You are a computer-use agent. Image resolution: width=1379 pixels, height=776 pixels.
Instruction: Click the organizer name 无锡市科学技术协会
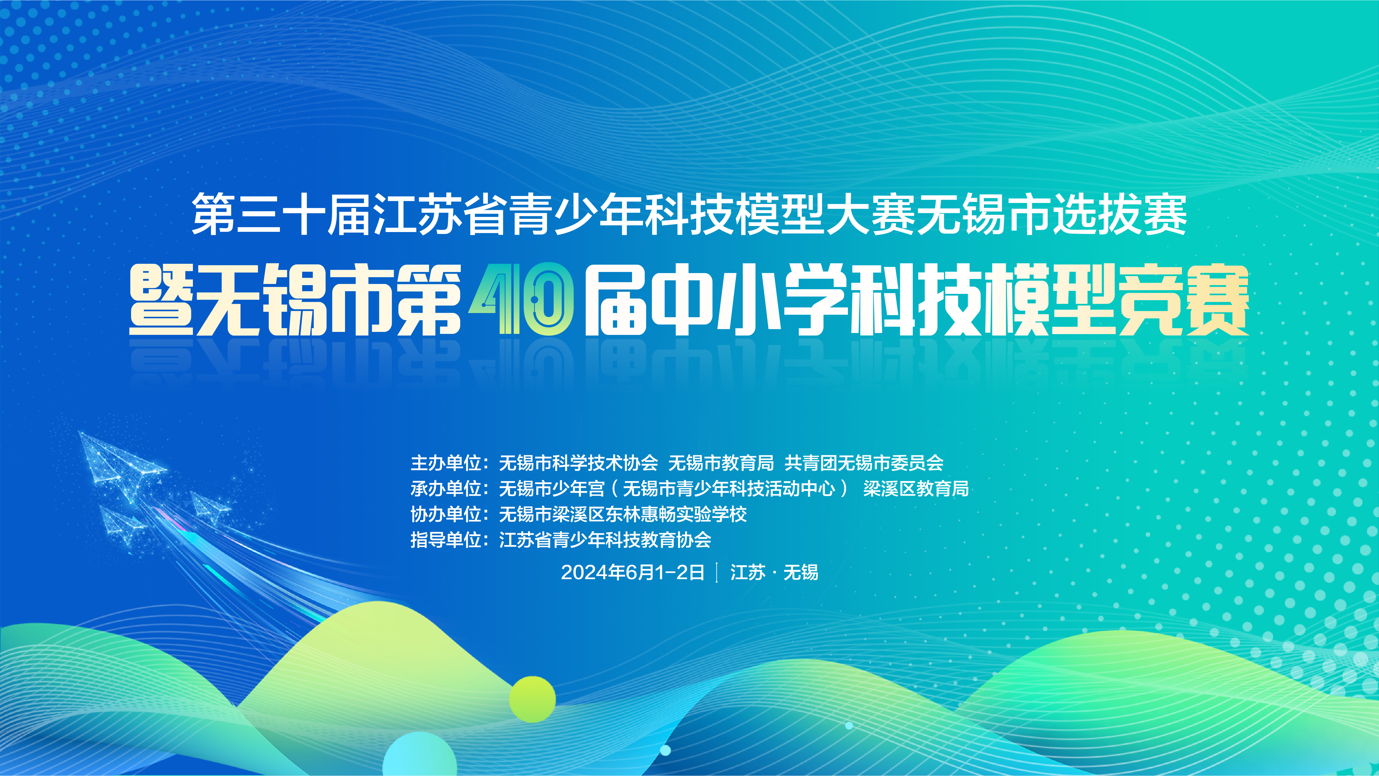[x=578, y=463]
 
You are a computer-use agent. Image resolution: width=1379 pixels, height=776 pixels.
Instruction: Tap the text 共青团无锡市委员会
[x=864, y=463]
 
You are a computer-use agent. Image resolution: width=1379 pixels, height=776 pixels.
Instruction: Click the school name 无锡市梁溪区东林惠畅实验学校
[x=622, y=514]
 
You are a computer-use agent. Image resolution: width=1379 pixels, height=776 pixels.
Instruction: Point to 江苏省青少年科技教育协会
[x=605, y=540]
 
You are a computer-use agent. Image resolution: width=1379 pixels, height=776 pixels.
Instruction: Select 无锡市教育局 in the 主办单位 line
[x=721, y=463]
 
